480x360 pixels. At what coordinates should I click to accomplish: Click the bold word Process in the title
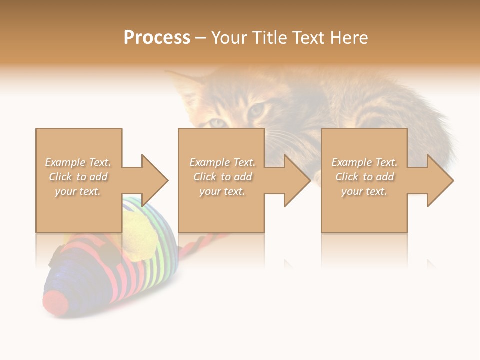point(157,38)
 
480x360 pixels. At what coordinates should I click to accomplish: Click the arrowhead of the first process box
point(154,180)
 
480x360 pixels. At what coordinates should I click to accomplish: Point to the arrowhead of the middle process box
point(297,180)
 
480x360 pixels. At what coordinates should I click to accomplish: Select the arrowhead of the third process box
point(440,180)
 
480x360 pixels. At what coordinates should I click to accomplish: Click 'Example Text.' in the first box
point(78,162)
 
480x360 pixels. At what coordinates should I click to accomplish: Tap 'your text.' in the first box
point(78,191)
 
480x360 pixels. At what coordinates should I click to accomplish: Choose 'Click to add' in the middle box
point(222,177)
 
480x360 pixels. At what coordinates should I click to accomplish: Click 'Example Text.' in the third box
point(364,162)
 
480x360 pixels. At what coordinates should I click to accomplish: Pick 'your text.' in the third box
point(364,191)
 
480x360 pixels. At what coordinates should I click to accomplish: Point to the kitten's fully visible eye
point(256,109)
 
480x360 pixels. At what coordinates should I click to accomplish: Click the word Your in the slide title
point(228,38)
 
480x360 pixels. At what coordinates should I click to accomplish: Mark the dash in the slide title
point(201,38)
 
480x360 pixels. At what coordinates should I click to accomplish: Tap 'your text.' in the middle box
point(222,191)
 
